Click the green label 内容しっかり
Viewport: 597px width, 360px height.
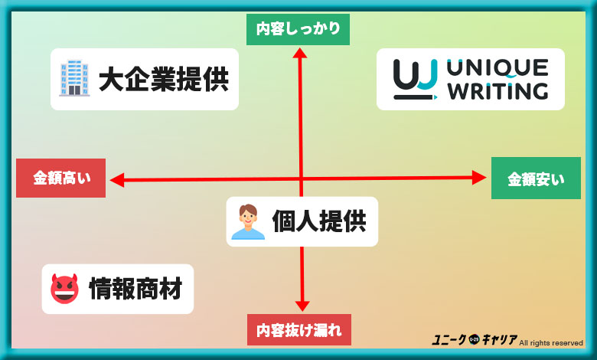(x=298, y=30)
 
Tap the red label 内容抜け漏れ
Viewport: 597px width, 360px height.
(x=299, y=330)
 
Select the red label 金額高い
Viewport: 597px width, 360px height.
(x=61, y=178)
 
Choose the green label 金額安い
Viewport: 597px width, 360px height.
(x=536, y=179)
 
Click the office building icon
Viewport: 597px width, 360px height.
(x=74, y=79)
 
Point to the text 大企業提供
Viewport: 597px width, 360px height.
(x=163, y=80)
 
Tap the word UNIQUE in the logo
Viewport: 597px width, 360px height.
(x=498, y=67)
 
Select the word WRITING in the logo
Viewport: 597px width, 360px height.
(x=498, y=92)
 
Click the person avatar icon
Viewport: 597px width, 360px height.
(x=247, y=221)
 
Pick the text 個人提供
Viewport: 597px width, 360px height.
(x=319, y=221)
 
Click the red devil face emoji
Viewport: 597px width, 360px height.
(x=64, y=289)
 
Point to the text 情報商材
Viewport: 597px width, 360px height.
(x=135, y=289)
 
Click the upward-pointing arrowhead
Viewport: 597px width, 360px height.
(x=300, y=54)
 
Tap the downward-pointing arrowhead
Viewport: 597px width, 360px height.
(x=302, y=303)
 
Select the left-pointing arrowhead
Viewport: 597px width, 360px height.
(x=117, y=180)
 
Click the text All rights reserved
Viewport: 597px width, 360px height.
(x=551, y=342)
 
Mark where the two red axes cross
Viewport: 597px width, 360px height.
(x=301, y=179)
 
